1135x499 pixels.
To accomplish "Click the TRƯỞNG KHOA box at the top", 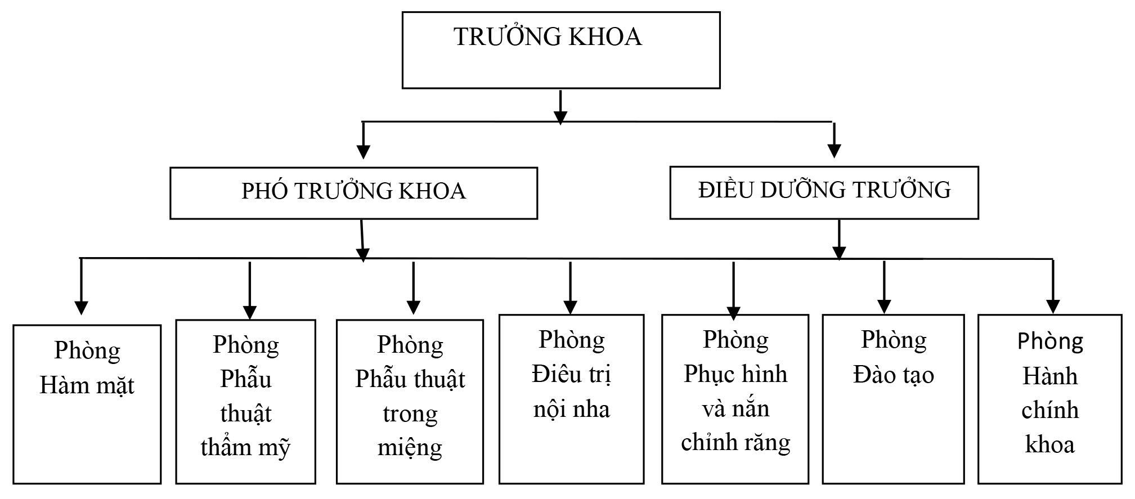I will pos(561,51).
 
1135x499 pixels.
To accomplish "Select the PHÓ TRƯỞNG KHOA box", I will pos(353,192).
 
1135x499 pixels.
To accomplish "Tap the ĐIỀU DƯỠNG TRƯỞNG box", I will pos(824,192).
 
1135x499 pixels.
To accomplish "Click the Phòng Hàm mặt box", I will pos(87,403).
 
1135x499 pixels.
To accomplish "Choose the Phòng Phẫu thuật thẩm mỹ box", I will pos(245,401).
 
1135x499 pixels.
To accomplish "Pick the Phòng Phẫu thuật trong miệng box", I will pos(410,401).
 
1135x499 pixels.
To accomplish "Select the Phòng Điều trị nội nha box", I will pos(571,398).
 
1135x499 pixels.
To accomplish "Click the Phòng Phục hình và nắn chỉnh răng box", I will pos(735,398).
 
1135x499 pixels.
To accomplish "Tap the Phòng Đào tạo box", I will pos(893,398).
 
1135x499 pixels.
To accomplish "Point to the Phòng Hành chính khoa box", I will pos(1049,398).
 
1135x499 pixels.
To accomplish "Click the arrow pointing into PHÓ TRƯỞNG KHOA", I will pos(364,141).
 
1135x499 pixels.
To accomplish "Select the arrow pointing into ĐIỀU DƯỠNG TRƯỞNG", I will pos(834,141).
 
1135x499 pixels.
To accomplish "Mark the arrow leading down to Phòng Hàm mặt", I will pos(82,287).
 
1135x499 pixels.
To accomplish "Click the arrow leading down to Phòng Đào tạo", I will pos(884,287).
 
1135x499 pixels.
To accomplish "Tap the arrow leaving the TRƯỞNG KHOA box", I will pos(560,107).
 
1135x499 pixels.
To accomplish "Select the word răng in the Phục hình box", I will pos(770,443).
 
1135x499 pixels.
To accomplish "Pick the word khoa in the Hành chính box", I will pos(1049,444).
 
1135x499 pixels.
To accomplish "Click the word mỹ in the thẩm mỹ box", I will pos(274,448).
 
